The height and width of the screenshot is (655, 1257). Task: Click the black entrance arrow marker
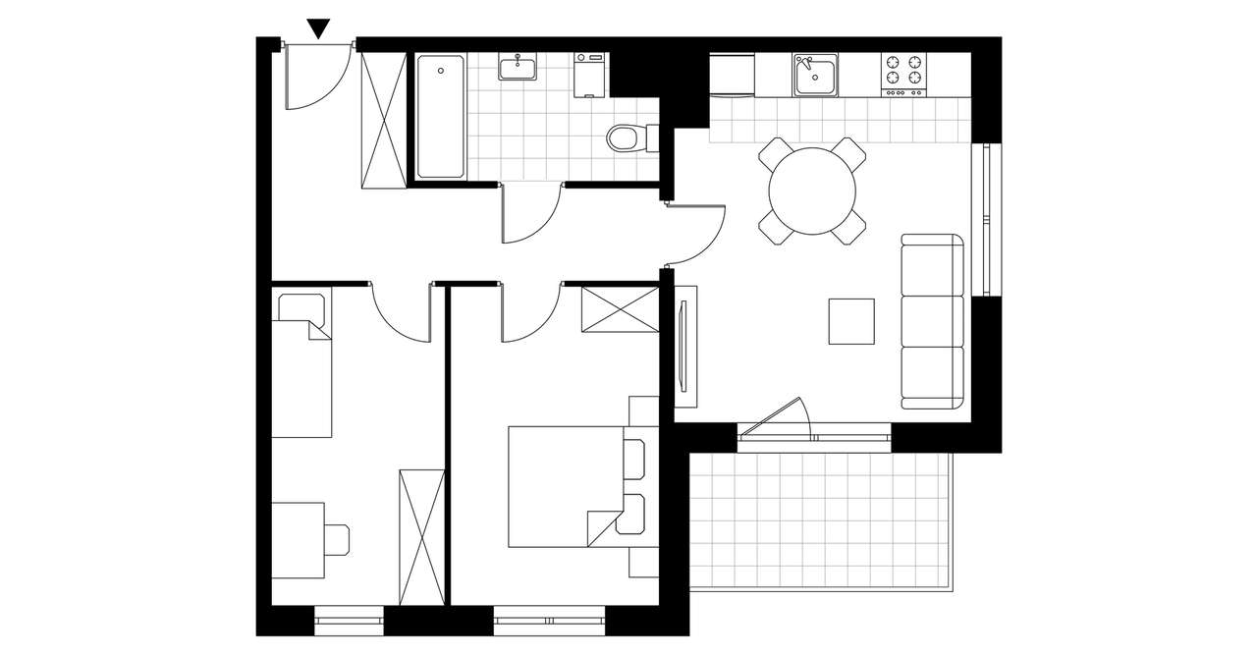pos(319,28)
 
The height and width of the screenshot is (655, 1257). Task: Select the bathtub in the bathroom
pos(441,117)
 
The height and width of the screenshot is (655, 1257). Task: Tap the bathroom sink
pos(517,68)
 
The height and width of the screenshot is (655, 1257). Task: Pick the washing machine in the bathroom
pos(590,75)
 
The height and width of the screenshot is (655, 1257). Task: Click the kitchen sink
pos(815,76)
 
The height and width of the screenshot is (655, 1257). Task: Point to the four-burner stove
pos(903,73)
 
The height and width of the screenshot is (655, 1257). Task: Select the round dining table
pos(812,191)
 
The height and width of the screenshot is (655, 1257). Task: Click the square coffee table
pos(850,321)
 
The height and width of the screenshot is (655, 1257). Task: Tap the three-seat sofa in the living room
pos(932,322)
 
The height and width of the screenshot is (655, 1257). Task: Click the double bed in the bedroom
pos(568,486)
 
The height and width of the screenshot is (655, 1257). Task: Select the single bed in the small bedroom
pos(301,365)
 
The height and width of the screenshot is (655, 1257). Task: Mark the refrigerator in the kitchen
pos(732,76)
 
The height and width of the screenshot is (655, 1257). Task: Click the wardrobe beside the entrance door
pos(383,120)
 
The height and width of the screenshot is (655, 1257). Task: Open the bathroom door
pos(531,211)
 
